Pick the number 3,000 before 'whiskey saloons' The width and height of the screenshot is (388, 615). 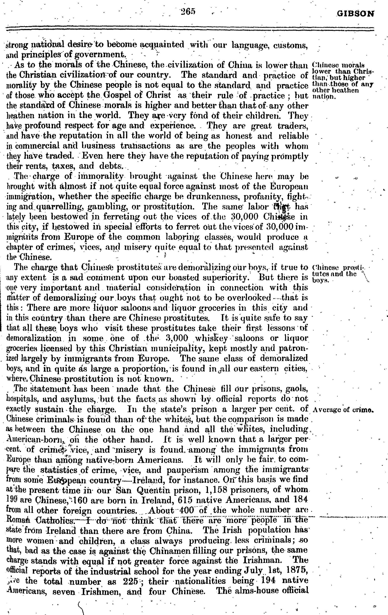177,338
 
